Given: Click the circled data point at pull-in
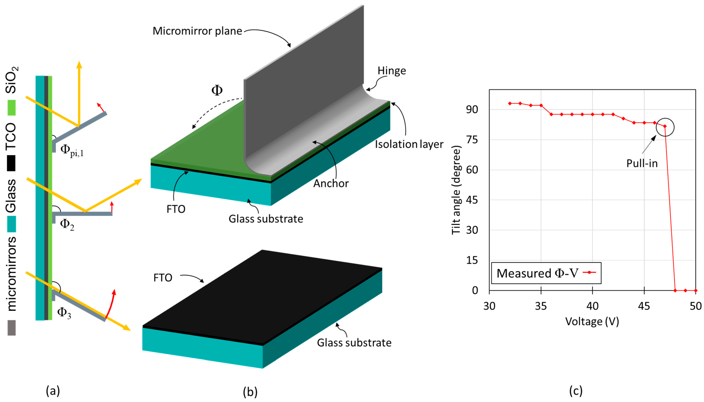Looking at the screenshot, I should click(x=665, y=127).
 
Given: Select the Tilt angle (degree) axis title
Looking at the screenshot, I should click(x=456, y=190).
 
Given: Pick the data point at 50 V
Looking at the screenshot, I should click(x=695, y=290).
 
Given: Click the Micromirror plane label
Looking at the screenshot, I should click(x=197, y=31).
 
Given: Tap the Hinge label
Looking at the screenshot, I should click(x=392, y=71).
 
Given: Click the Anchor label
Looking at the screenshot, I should click(x=331, y=184).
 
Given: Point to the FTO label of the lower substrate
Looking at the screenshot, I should click(x=163, y=278).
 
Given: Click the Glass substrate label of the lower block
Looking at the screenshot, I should click(x=354, y=343).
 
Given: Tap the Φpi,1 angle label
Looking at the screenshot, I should click(x=71, y=151).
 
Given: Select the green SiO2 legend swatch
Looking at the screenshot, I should click(x=11, y=108).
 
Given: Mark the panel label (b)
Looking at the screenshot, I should click(x=250, y=392).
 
